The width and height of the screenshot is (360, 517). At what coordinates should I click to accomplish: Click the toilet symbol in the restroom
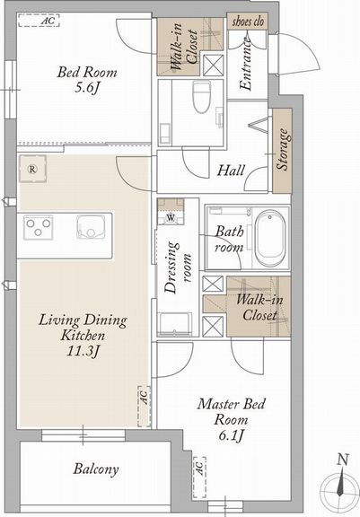click(201, 97)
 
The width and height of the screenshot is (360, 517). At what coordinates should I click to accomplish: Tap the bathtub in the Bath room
click(270, 239)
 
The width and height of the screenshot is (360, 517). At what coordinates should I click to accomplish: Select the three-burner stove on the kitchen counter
click(39, 227)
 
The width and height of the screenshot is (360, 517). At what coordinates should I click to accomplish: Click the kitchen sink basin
click(91, 227)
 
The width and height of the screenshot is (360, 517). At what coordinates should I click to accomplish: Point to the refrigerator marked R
click(32, 169)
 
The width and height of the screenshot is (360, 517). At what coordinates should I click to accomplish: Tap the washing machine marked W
click(171, 218)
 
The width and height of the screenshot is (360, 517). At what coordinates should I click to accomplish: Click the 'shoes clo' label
click(248, 22)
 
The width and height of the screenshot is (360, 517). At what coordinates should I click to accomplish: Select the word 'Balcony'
click(96, 469)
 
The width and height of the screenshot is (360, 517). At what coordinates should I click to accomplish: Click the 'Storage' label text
click(283, 149)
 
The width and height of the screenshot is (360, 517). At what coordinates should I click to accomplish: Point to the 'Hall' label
click(231, 171)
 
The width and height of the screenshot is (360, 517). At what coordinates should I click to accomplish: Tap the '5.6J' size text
click(87, 88)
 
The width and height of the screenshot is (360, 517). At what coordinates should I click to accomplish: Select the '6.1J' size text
click(231, 435)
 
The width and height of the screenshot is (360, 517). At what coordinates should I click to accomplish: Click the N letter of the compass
click(343, 460)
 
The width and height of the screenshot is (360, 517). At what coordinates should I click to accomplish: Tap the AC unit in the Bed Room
click(39, 20)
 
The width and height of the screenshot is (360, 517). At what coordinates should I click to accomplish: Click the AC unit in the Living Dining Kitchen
click(144, 407)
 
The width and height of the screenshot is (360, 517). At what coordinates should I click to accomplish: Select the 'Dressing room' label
click(178, 267)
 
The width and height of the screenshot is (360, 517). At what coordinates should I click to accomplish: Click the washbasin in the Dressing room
click(175, 324)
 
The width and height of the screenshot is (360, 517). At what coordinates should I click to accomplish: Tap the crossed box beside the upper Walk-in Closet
click(213, 66)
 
